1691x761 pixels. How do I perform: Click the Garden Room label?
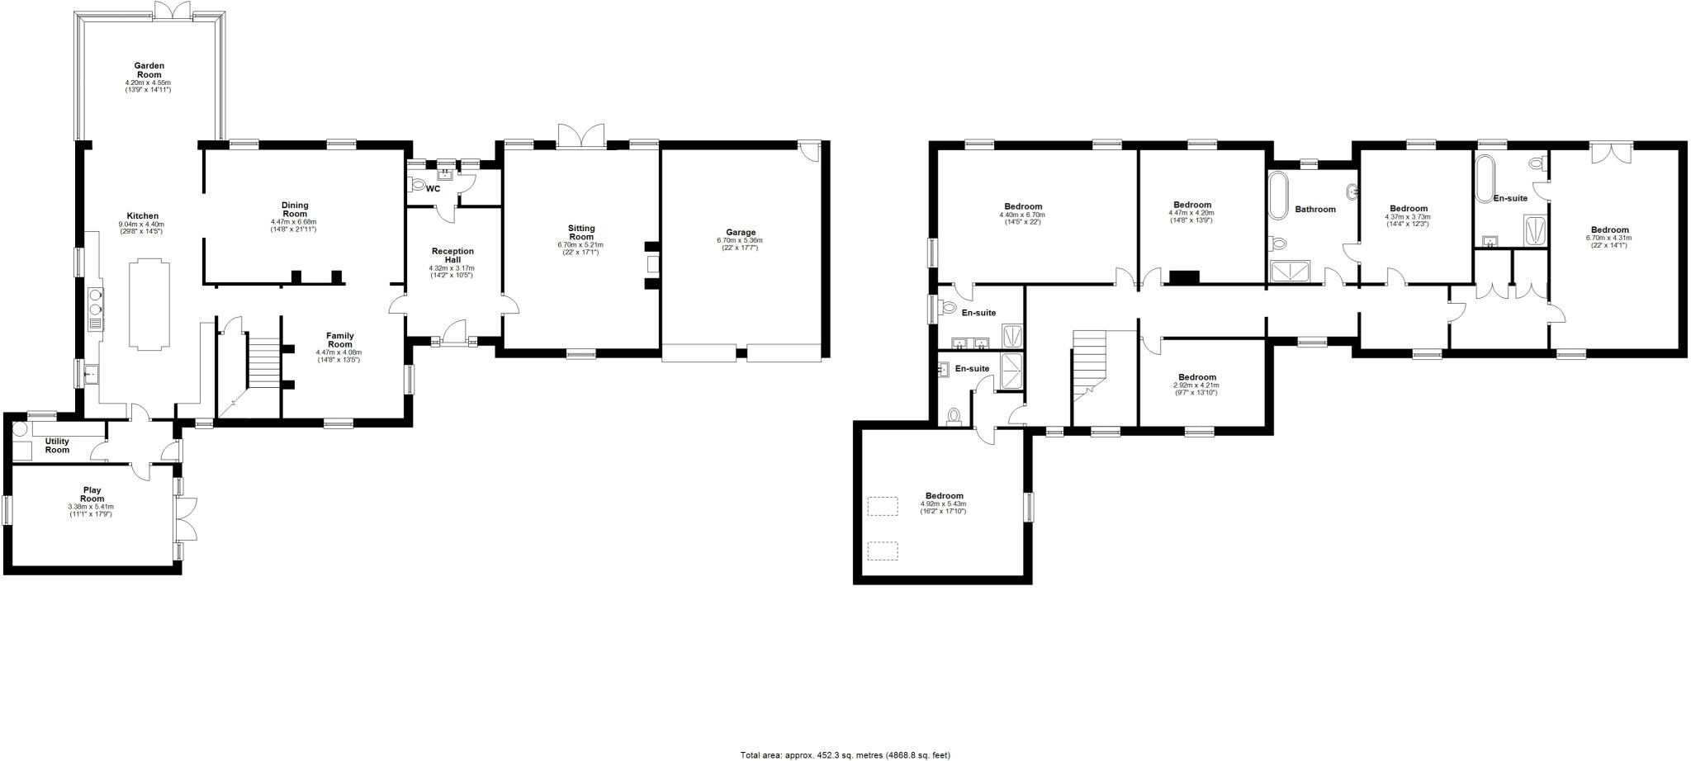click(x=149, y=70)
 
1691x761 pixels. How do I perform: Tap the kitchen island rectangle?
click(x=150, y=301)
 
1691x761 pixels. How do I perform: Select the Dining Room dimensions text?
click(x=294, y=225)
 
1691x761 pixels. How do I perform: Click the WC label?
click(x=433, y=189)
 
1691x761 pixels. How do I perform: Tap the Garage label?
click(x=741, y=233)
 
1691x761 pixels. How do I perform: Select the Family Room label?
click(x=339, y=340)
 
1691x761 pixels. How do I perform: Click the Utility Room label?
click(x=57, y=446)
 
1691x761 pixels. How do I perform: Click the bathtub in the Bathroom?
click(x=1277, y=196)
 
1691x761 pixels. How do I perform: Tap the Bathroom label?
click(x=1314, y=210)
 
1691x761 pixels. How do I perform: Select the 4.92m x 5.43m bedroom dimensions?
click(x=943, y=508)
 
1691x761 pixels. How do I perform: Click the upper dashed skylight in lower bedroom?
click(x=882, y=506)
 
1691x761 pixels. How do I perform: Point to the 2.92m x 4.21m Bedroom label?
click(x=1196, y=377)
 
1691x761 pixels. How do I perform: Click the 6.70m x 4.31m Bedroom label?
click(x=1609, y=230)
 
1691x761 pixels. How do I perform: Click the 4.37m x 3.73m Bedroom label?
click(x=1408, y=209)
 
